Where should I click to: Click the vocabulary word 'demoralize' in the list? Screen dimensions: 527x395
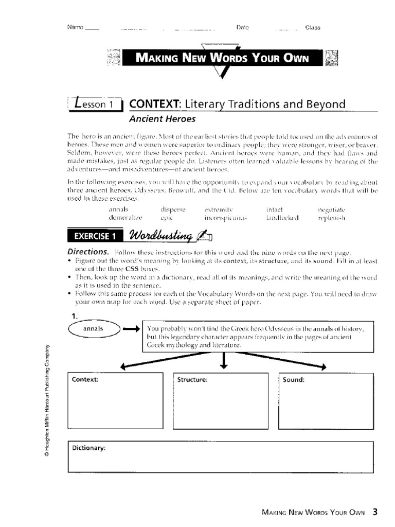point(124,218)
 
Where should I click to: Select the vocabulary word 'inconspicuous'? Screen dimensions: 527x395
point(226,218)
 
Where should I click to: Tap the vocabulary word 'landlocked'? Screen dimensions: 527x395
point(282,218)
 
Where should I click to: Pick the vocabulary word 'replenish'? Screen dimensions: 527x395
point(332,218)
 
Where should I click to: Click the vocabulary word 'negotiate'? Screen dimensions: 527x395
point(332,210)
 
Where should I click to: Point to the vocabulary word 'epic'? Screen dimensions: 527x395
point(167,218)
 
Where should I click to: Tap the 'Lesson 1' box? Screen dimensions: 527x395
point(96,104)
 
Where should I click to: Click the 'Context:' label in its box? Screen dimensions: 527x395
point(85,380)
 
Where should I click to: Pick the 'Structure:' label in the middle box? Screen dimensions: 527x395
point(192,380)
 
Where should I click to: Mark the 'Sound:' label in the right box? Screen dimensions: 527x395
point(294,380)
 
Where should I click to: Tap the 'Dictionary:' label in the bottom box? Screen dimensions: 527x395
point(88,448)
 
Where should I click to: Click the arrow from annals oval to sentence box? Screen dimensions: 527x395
point(131,329)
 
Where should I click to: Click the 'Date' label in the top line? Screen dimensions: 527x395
point(242,27)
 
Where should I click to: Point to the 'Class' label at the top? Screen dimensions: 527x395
point(313,28)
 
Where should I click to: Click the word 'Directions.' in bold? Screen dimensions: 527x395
point(88,252)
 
